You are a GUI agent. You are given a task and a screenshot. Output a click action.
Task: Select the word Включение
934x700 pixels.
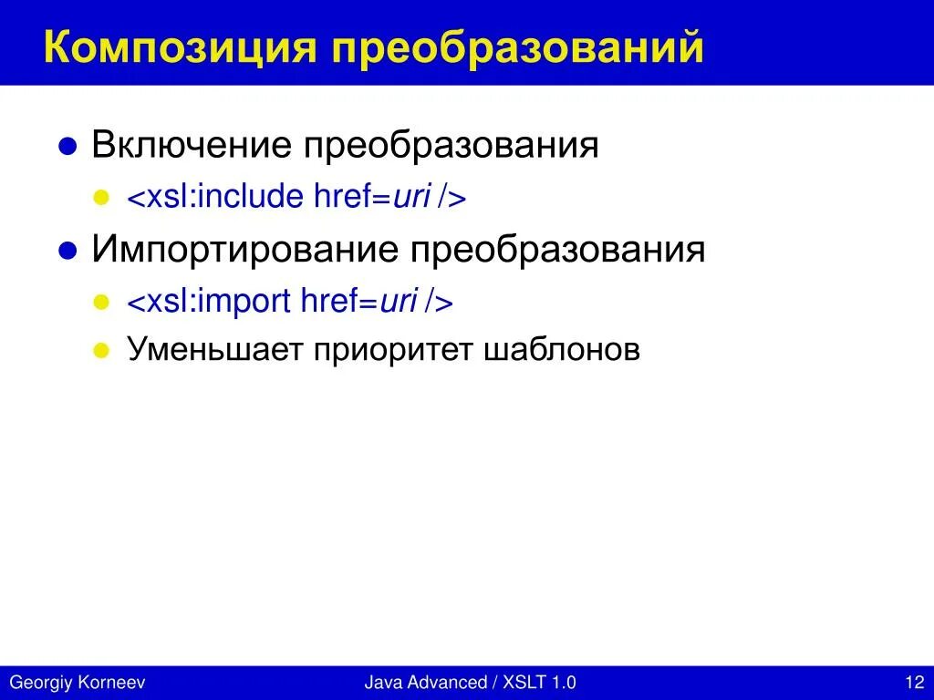[x=192, y=145]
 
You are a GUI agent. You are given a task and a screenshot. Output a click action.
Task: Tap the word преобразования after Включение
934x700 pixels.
[x=451, y=145]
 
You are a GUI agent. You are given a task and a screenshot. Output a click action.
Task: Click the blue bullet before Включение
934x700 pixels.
[x=67, y=147]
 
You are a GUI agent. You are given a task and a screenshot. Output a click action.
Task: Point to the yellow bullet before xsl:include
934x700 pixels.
[x=103, y=198]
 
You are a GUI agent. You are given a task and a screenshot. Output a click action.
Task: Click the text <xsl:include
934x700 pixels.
[x=214, y=197]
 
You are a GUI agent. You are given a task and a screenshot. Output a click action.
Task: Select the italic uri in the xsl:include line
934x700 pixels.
[x=411, y=197]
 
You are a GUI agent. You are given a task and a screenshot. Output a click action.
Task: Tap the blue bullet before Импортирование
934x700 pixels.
[x=67, y=252]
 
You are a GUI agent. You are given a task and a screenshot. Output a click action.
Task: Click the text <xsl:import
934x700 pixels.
[x=209, y=301]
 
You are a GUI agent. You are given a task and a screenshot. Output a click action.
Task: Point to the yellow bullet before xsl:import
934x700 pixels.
[x=103, y=302]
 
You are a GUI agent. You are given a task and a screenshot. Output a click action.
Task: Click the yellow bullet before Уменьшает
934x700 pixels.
[x=103, y=351]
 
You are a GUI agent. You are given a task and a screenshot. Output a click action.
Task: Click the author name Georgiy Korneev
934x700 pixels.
[x=77, y=683]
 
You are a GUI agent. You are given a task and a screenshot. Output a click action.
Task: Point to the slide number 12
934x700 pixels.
[x=914, y=683]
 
